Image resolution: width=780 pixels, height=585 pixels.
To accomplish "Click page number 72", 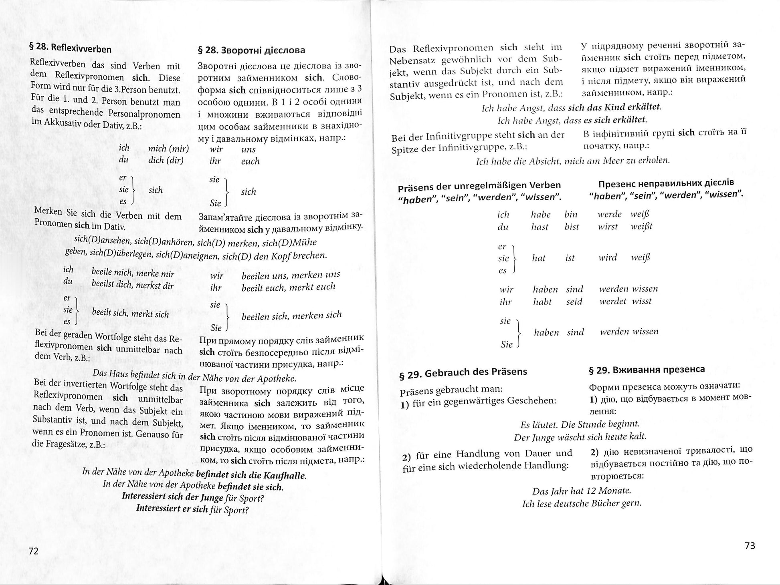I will point(34,551).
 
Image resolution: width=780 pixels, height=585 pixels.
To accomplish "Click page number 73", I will point(750,545).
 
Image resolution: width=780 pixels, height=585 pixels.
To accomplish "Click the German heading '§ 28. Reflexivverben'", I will point(70,48).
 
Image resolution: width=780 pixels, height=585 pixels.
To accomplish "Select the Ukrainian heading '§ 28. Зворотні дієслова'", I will point(251,50).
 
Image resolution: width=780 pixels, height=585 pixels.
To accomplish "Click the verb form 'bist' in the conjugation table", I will point(572,227).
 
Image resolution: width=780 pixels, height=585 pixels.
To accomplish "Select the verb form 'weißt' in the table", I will point(641,226).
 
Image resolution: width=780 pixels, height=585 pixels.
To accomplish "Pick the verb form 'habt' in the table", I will point(542,302).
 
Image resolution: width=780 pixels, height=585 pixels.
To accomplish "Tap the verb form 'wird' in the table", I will point(608,257).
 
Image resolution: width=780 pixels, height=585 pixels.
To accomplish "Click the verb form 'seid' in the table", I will point(574,302).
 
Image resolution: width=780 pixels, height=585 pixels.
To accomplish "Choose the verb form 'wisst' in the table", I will point(642,301).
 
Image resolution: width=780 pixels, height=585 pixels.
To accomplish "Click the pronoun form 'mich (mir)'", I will point(168,149).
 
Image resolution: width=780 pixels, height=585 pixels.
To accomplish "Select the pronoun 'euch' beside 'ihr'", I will point(250,161).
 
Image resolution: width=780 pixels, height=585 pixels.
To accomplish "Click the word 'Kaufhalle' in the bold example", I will point(285,476).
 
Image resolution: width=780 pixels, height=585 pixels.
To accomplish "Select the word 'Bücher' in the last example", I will point(604,503).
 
